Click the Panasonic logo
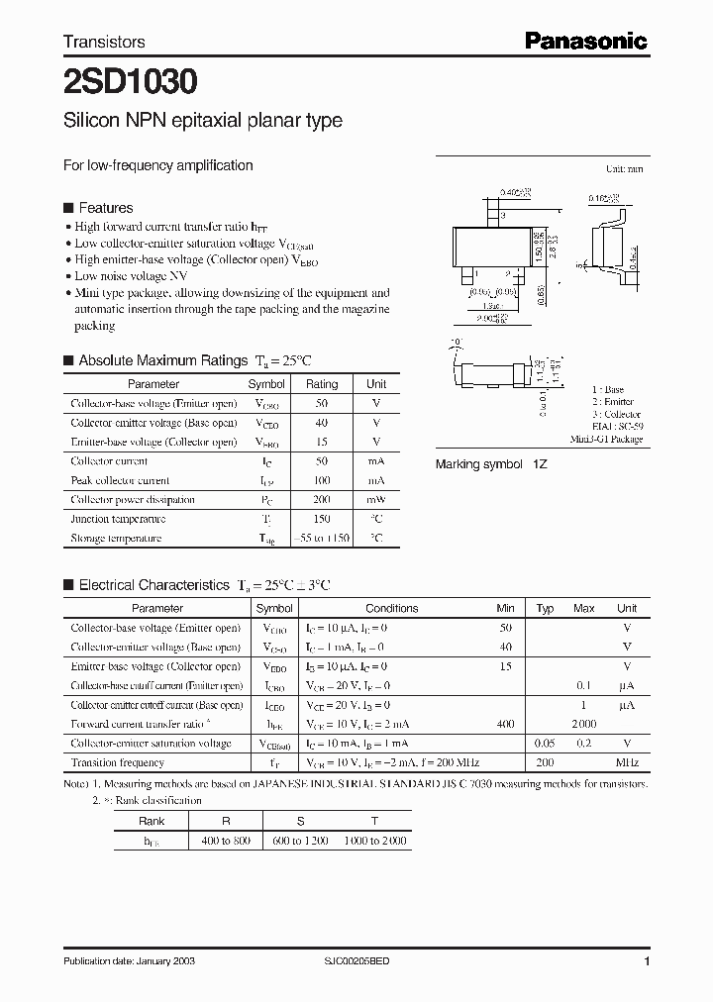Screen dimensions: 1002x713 point(585,41)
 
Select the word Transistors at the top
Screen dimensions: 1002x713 point(104,42)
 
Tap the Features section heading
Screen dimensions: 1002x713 point(105,208)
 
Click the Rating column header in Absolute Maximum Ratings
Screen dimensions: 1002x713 point(322,384)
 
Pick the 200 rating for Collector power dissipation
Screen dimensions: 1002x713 point(322,500)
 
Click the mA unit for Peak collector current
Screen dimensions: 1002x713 point(376,480)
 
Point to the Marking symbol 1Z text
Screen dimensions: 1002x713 point(491,464)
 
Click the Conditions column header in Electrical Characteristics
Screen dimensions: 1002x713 point(392,608)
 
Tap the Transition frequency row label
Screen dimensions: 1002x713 point(118,762)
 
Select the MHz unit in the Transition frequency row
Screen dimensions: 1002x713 point(627,762)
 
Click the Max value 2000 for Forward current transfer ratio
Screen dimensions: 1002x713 point(584,724)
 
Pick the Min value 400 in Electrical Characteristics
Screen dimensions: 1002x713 point(505,724)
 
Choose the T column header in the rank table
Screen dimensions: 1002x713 point(374,821)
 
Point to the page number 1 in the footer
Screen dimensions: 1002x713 point(647,961)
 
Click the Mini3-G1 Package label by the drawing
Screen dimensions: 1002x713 point(606,439)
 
